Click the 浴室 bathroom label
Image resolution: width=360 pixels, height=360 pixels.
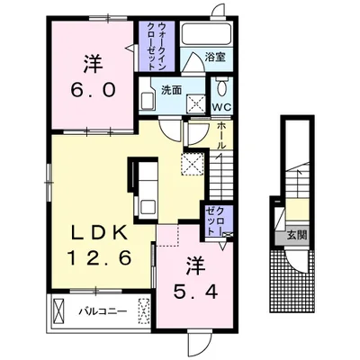point(215,57)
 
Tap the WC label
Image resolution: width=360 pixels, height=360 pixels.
point(222,107)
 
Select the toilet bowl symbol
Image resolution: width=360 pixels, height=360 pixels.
point(221,86)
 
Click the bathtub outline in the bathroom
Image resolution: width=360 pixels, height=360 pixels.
point(206,33)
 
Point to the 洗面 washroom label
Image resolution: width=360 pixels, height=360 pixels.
point(172,90)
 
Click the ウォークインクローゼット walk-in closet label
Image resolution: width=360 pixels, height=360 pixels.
point(157,47)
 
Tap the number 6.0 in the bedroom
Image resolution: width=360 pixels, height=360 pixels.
point(93,89)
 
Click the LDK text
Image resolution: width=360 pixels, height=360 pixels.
point(99,233)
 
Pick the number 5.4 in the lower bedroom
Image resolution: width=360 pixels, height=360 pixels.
point(195,291)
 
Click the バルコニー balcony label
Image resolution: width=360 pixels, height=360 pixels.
point(103,311)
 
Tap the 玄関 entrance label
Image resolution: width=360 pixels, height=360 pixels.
point(297,235)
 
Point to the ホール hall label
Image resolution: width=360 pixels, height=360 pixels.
point(221,136)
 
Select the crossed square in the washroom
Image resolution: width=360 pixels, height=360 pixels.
point(196,104)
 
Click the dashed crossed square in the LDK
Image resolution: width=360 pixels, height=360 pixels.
point(193,163)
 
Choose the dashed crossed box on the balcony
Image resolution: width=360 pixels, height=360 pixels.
point(144,311)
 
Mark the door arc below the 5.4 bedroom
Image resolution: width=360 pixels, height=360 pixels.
point(199,342)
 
